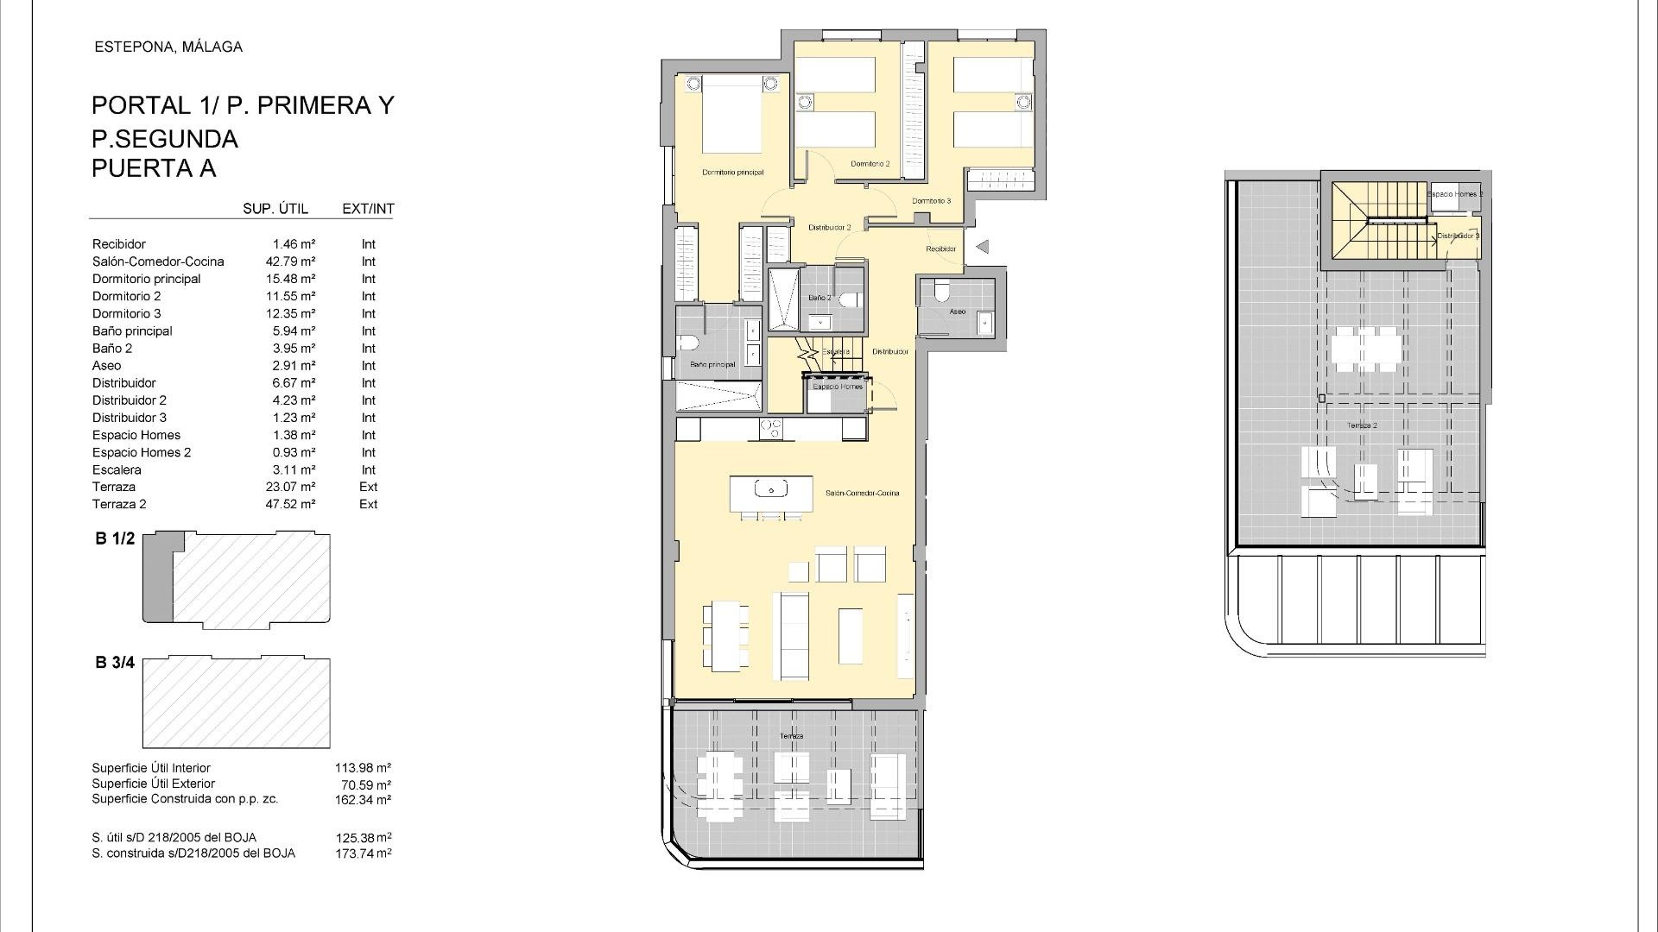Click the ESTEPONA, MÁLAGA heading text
pyautogui.click(x=168, y=47)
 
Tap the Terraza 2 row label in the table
pyautogui.click(x=119, y=504)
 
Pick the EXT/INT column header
pyautogui.click(x=368, y=209)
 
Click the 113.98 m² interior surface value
pyautogui.click(x=363, y=768)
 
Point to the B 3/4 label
pyautogui.click(x=115, y=663)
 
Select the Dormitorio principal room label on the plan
pyautogui.click(x=732, y=173)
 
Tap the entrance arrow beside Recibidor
pyautogui.click(x=982, y=247)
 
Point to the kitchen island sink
pyautogui.click(x=770, y=489)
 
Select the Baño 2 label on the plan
pyautogui.click(x=820, y=298)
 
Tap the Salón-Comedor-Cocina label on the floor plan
pyautogui.click(x=862, y=494)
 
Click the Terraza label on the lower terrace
pyautogui.click(x=791, y=736)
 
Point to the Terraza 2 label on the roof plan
pyautogui.click(x=1362, y=425)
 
